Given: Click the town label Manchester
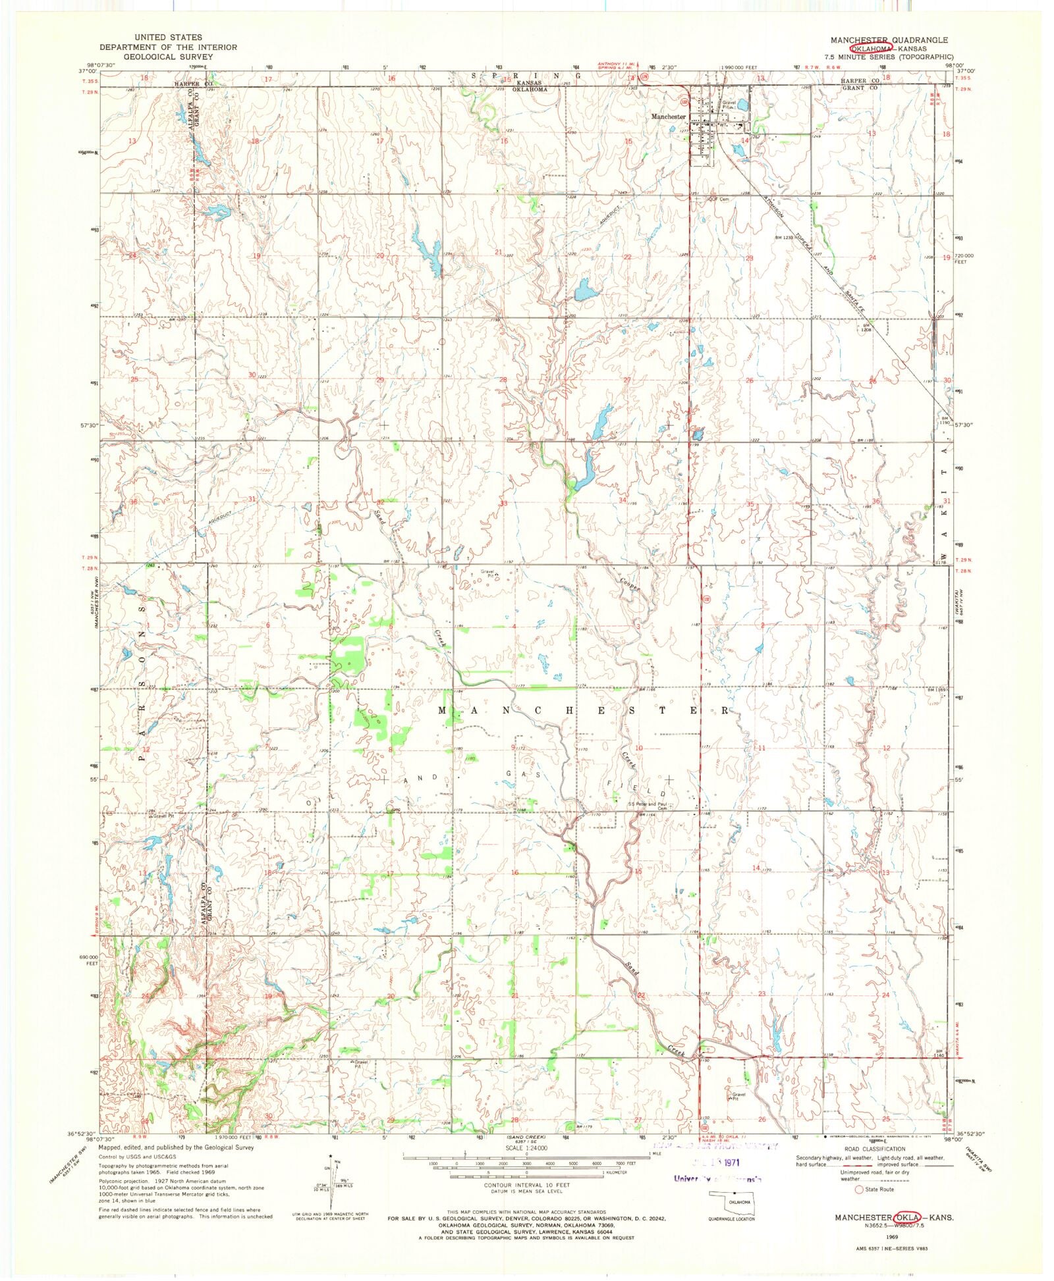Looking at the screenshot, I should [x=668, y=117].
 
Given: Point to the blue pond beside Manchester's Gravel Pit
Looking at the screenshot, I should [x=742, y=105].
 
